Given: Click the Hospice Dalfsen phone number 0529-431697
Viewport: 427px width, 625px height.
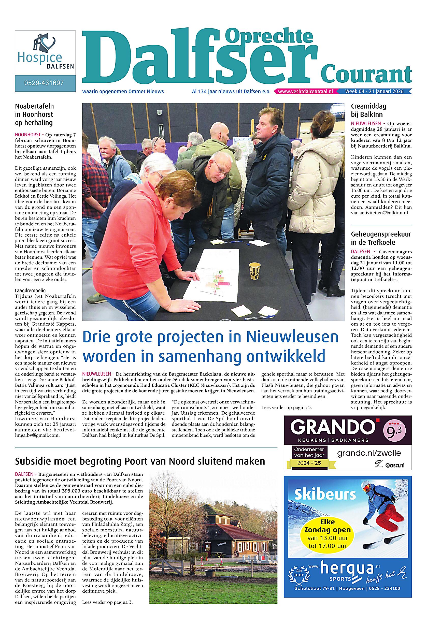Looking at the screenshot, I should click(45, 83).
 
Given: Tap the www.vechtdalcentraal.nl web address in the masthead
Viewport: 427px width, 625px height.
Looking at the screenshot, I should click(306, 91).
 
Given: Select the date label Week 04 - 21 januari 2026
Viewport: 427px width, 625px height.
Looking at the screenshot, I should click(374, 91).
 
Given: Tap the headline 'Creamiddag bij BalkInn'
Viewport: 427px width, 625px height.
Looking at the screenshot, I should click(368, 110).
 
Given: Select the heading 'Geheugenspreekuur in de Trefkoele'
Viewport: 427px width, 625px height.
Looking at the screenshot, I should click(381, 238).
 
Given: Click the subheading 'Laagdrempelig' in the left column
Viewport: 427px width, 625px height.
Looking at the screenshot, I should click(30, 290).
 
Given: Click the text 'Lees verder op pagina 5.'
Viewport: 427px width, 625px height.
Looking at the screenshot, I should click(286, 408).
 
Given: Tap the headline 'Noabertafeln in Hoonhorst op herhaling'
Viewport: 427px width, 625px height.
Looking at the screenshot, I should click(34, 114).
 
